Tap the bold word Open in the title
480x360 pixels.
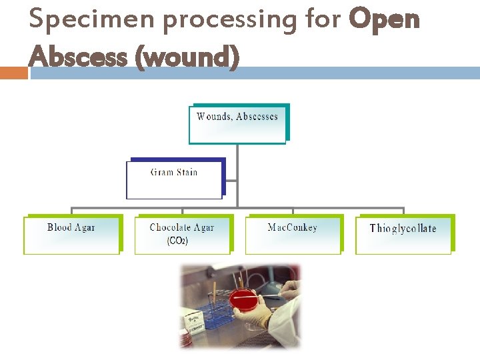(x=385, y=20)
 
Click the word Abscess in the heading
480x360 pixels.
(x=79, y=57)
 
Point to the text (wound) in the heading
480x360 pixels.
(x=187, y=58)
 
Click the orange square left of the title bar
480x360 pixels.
(x=14, y=73)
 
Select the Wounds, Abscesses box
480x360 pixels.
(x=237, y=124)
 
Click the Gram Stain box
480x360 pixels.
(x=174, y=179)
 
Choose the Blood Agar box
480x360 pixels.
(x=71, y=234)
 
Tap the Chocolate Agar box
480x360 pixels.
(x=182, y=234)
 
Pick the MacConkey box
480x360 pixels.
(x=293, y=234)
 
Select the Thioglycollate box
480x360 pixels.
(x=403, y=234)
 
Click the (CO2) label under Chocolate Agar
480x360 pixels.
(x=177, y=241)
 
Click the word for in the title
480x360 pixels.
(x=323, y=20)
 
